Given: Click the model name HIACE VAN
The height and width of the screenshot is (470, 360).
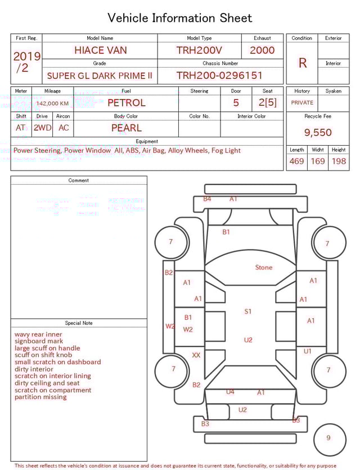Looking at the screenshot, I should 100,50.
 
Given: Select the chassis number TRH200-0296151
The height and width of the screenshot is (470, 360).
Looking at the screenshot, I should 219,75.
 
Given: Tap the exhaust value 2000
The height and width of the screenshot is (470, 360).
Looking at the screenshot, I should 262,50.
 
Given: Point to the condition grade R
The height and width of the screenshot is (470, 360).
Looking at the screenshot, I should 302,63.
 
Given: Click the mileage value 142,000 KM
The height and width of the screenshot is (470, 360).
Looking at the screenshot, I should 52,104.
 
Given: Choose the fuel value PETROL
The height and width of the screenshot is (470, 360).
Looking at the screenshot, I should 126,103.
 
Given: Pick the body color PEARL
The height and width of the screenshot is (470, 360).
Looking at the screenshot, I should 126,128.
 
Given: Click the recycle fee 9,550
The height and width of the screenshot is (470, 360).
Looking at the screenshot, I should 318,133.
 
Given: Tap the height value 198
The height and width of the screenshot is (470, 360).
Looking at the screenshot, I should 339,162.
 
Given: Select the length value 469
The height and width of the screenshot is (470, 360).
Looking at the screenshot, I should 296,162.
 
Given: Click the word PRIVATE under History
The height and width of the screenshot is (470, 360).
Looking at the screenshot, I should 302,103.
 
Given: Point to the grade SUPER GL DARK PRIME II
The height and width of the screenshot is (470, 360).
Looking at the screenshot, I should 100,75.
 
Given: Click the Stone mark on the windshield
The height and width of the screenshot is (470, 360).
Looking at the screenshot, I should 263,267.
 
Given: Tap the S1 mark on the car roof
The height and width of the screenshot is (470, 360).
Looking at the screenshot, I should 248,311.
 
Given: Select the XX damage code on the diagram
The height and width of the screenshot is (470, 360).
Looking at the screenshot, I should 196,356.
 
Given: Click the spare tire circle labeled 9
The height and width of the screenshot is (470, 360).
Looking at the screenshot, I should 328,438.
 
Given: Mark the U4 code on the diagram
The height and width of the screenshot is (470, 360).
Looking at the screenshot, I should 230,392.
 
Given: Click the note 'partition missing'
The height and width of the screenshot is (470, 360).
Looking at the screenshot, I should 40,397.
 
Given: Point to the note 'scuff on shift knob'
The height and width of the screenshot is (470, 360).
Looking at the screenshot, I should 43,355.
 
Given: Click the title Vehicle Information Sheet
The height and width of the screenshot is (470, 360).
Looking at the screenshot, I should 180,18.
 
